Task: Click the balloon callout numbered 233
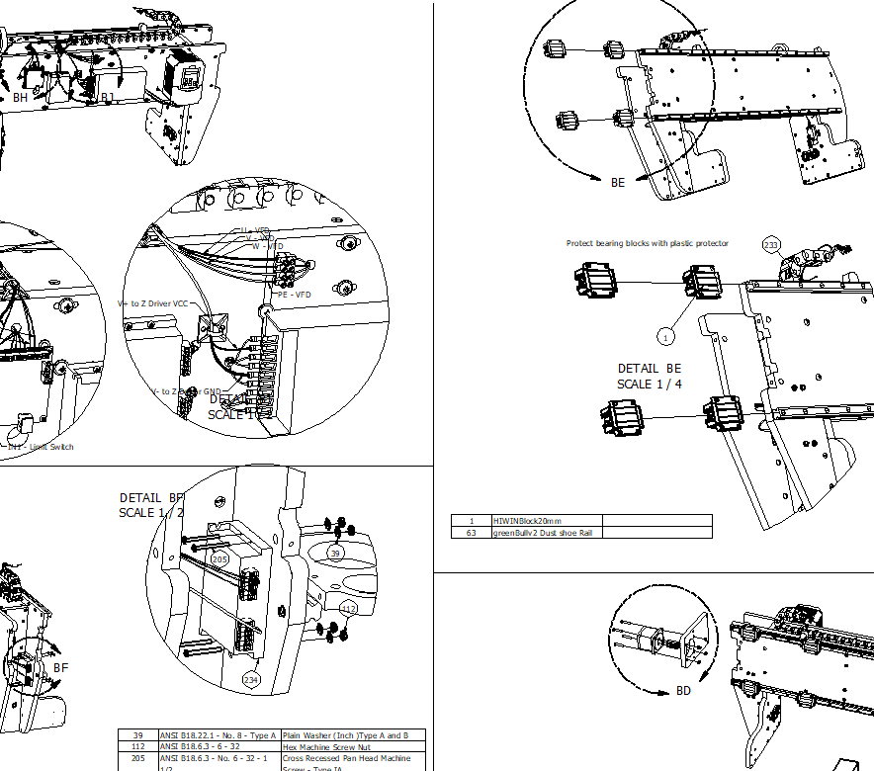[771, 244]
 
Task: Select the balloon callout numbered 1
[666, 337]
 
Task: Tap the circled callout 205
[219, 559]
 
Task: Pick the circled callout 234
[250, 679]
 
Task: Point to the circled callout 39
[335, 554]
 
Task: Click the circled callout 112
[348, 608]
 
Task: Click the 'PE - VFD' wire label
[295, 295]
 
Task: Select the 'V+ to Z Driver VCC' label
[152, 303]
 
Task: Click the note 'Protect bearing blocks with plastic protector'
[647, 243]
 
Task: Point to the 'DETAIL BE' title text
[650, 369]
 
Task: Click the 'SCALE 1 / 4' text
[650, 385]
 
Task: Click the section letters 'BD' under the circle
[683, 690]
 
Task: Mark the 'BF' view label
[61, 668]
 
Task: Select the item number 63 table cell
[472, 533]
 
